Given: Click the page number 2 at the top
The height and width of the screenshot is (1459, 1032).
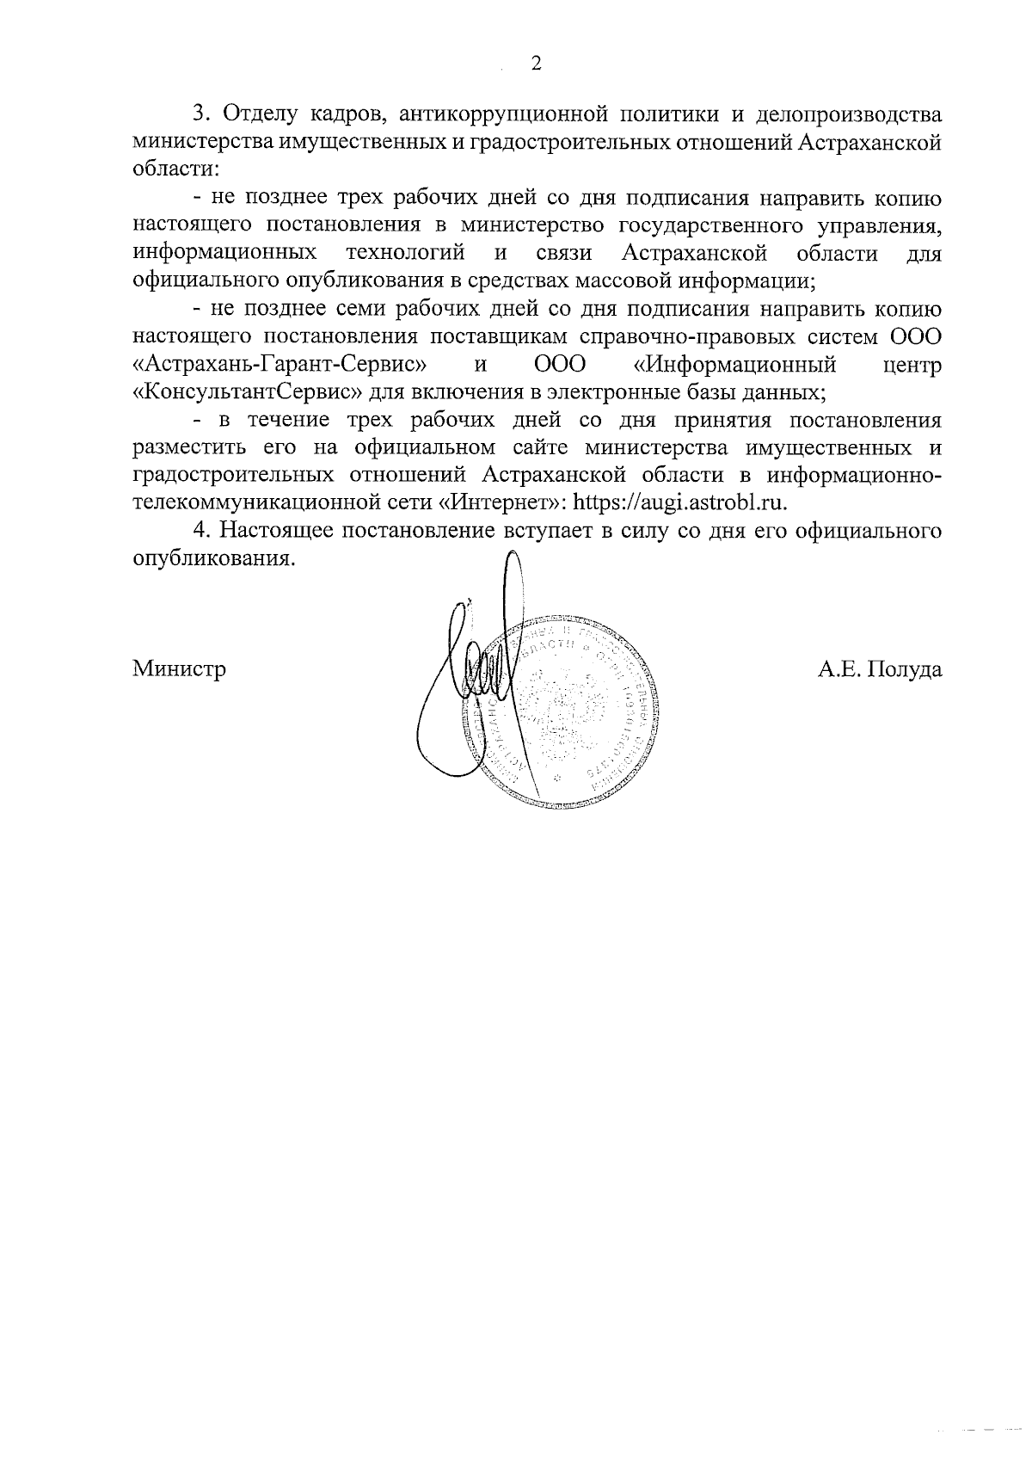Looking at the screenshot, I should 536,65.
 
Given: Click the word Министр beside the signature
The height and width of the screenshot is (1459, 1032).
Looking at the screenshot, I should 180,668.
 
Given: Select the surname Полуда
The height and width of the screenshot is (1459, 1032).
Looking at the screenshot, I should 904,668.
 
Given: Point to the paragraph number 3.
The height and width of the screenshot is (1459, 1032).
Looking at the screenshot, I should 200,114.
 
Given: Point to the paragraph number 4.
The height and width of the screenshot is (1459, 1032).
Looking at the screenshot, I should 200,531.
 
